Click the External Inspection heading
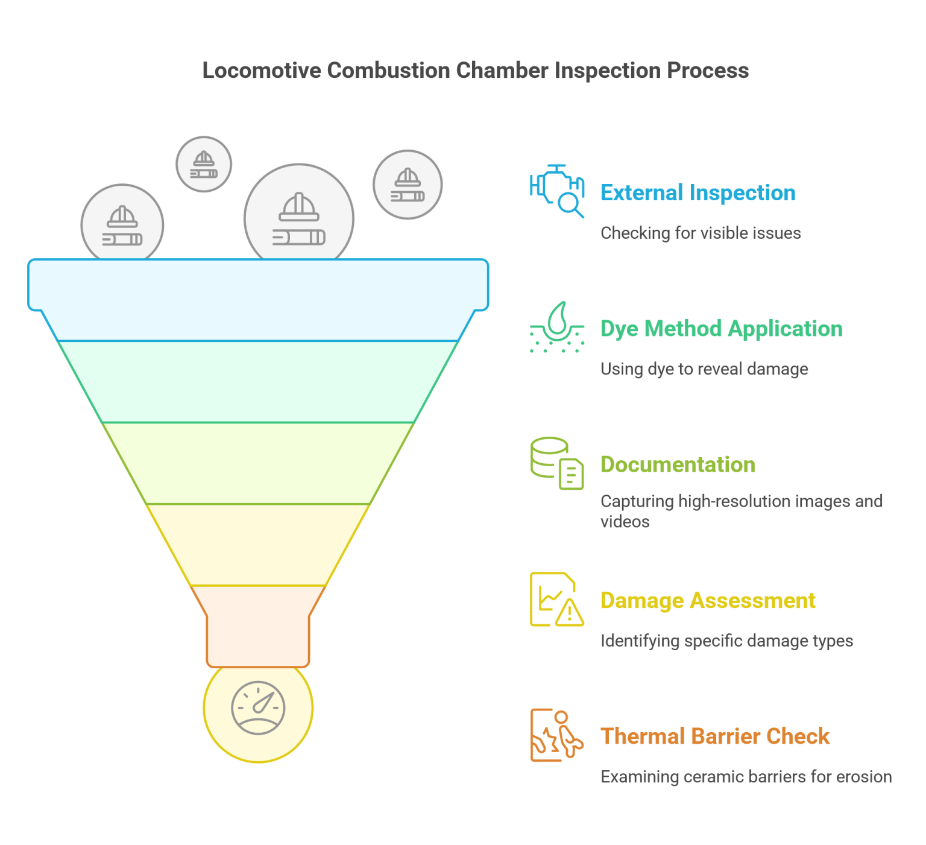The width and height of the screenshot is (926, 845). [698, 193]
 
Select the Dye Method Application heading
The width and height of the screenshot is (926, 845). [721, 329]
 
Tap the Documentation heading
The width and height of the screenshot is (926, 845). [678, 464]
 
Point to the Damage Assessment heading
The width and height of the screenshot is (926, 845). [708, 601]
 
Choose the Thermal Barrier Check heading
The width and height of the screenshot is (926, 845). [715, 736]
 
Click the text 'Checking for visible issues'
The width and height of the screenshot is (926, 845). [701, 233]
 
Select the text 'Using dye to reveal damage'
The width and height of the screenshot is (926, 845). [704, 369]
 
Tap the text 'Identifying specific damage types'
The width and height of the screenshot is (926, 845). [726, 641]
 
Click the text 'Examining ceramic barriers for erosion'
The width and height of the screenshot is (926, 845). [746, 776]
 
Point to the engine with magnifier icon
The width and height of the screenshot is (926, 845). [557, 191]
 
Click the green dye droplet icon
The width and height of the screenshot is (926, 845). [557, 327]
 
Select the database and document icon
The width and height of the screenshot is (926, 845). [557, 463]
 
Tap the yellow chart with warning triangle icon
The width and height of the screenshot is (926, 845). [557, 600]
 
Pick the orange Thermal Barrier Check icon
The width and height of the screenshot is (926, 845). [557, 735]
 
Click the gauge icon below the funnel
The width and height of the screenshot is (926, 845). [258, 707]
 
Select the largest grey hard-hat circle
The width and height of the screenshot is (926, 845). [299, 218]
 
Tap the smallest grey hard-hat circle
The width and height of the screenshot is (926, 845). [204, 164]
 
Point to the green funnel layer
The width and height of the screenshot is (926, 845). [258, 382]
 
